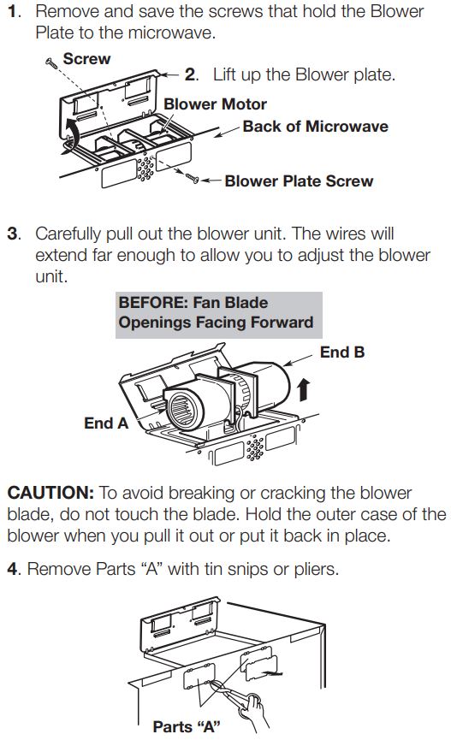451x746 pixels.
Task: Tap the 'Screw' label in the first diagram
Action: click(86, 59)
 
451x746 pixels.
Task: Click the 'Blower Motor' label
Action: click(215, 104)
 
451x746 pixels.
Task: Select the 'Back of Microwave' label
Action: click(315, 127)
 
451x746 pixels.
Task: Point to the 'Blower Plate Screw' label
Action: click(299, 181)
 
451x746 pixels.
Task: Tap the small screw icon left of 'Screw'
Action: click(50, 62)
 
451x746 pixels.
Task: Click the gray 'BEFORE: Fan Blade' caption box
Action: click(218, 313)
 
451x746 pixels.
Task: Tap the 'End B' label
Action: click(341, 352)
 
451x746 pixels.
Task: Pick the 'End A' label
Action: click(106, 423)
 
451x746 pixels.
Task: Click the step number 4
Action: click(12, 568)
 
